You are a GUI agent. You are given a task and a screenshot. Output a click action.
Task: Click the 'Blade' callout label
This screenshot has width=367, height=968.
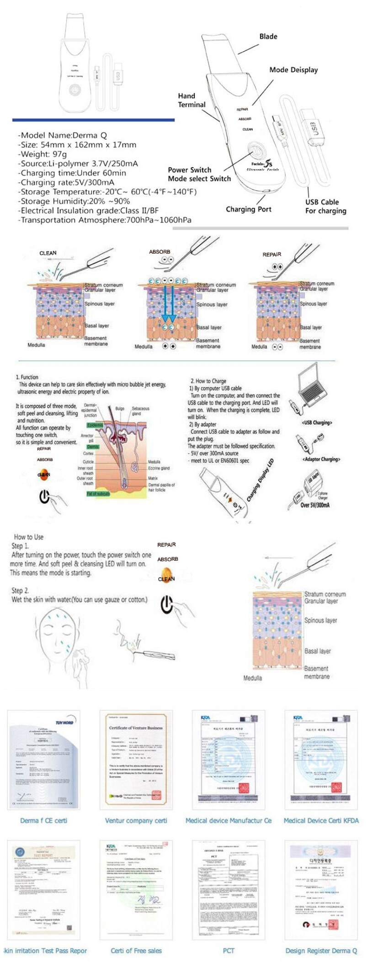pyautogui.click(x=268, y=37)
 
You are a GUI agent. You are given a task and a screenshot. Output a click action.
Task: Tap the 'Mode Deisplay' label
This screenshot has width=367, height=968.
pyautogui.click(x=293, y=70)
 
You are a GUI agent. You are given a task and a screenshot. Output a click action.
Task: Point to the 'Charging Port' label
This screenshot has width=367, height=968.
pyautogui.click(x=248, y=209)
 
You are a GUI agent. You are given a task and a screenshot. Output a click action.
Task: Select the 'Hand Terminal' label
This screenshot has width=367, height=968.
pyautogui.click(x=191, y=100)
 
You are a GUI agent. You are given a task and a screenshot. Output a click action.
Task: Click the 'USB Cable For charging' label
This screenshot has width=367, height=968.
pyautogui.click(x=325, y=206)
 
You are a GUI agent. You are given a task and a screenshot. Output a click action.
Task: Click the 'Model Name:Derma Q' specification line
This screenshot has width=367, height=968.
pyautogui.click(x=62, y=135)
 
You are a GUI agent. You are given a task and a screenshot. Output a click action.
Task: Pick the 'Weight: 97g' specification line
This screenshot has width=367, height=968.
pyautogui.click(x=43, y=154)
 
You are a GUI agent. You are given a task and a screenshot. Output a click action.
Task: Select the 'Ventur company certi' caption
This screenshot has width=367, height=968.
pyautogui.click(x=136, y=820)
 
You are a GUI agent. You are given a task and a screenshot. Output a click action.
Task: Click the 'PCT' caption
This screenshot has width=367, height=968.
pyautogui.click(x=229, y=951)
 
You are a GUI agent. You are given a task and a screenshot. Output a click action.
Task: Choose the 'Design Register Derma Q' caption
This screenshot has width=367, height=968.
pyautogui.click(x=321, y=951)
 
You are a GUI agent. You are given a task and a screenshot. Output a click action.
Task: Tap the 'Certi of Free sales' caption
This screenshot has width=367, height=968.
pyautogui.click(x=136, y=951)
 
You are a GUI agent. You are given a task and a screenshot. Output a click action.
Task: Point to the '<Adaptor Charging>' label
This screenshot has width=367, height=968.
pyautogui.click(x=321, y=459)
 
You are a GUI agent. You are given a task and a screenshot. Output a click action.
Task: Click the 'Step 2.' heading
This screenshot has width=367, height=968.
pyautogui.click(x=20, y=590)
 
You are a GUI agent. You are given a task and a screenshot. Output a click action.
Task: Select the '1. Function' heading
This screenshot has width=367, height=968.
pyautogui.click(x=27, y=377)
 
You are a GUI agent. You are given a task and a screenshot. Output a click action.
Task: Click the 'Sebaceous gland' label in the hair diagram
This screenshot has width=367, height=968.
pyautogui.click(x=140, y=411)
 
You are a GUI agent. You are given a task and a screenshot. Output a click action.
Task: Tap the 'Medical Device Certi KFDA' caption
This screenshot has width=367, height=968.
pyautogui.click(x=321, y=820)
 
